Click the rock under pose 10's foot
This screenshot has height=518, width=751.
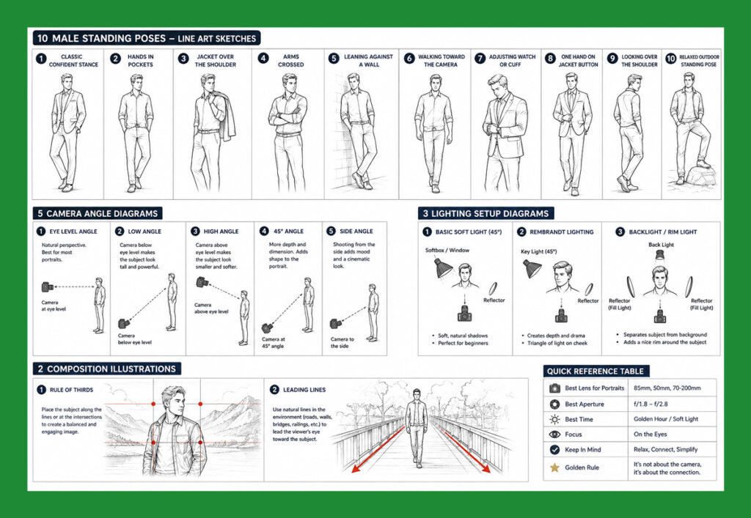(700, 176)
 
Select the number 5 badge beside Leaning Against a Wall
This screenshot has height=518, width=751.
(334, 58)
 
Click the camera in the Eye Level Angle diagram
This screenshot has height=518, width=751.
(47, 287)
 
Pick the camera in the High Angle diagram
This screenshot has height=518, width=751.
(202, 282)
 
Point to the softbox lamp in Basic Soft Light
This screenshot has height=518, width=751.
(442, 268)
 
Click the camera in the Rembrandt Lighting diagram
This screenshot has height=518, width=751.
(561, 316)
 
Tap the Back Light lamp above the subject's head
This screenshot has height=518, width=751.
(660, 254)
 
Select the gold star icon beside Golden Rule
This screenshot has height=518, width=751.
(554, 467)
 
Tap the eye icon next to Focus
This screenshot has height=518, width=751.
(554, 434)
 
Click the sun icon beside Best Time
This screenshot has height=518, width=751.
(554, 420)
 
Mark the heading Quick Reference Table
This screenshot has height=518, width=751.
(596, 371)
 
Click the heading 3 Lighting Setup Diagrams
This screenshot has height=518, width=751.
(486, 213)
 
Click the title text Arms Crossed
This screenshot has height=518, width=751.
(290, 60)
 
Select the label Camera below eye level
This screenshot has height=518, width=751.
(135, 338)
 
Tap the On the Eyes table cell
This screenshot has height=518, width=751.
(650, 434)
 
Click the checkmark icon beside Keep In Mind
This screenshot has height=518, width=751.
(554, 450)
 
